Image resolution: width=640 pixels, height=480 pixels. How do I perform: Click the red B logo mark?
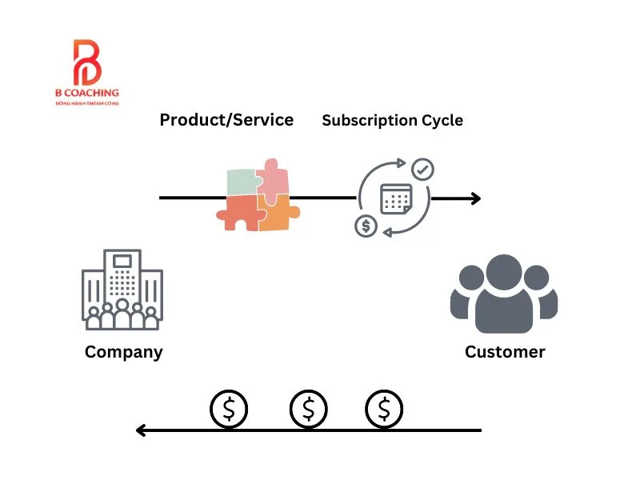pos(86,63)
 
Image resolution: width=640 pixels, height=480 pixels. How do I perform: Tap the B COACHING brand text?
pos(86,94)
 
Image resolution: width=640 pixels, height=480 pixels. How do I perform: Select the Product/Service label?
pos(226,120)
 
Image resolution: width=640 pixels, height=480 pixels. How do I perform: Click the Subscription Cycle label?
pos(392,121)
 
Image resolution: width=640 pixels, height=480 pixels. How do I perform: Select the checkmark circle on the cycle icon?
pos(422,170)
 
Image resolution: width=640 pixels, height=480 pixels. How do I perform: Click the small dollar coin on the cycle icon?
pos(366,226)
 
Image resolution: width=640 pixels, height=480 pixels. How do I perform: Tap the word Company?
pos(123,351)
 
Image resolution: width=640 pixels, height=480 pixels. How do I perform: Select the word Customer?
pos(505,351)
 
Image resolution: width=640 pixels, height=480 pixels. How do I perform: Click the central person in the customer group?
pos(504,294)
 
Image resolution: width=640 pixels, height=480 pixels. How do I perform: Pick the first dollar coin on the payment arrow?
pos(230,410)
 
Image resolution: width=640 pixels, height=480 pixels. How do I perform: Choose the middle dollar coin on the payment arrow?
pos(308,410)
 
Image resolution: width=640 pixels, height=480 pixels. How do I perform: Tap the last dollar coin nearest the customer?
pos(385,410)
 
